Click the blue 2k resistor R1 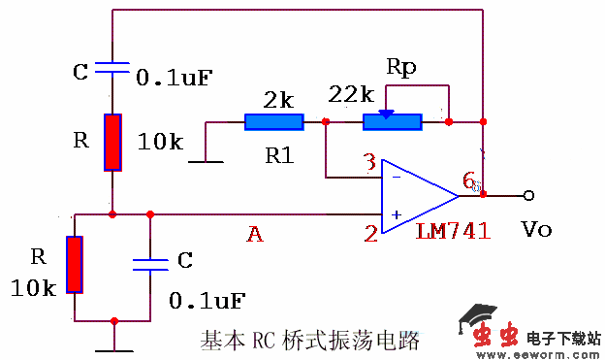click(273, 121)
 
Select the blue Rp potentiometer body click(392, 121)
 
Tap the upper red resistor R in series click(113, 142)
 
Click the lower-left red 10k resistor click(75, 263)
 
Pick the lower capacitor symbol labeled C click(150, 263)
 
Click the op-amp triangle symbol click(417, 196)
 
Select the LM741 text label click(453, 232)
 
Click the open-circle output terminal click(528, 195)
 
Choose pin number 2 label click(369, 232)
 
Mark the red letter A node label click(255, 233)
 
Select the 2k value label click(278, 98)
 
